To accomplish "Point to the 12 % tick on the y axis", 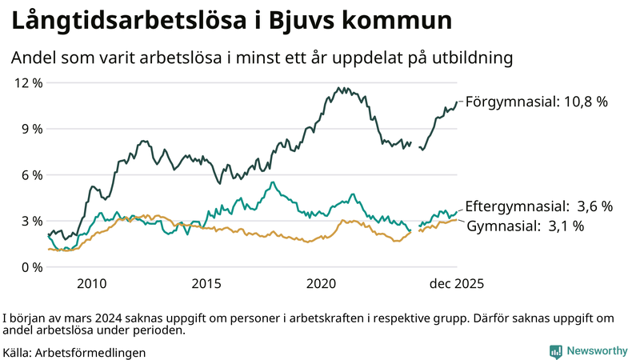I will (x=29, y=82).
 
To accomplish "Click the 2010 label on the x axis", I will (x=91, y=283).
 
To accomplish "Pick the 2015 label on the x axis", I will (x=206, y=283).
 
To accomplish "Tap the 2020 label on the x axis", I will (x=322, y=283).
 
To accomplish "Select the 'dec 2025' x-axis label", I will (x=457, y=283).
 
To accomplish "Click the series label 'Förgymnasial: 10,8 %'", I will (x=537, y=102).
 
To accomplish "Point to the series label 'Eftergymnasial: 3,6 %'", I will (x=538, y=206).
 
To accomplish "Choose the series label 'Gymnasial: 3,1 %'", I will (x=525, y=226).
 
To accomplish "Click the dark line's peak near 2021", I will (x=339, y=88).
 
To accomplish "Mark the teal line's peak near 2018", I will (x=273, y=182).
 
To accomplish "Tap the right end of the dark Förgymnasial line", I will (x=457, y=102).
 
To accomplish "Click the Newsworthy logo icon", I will (x=555, y=351).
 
